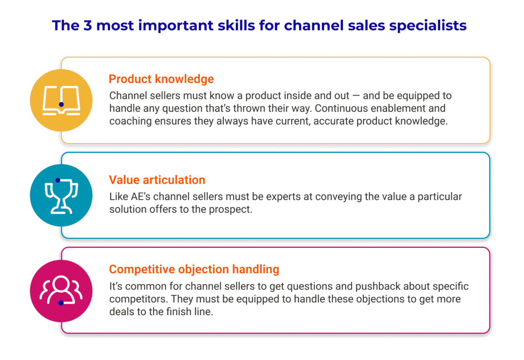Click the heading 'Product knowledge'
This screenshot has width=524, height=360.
pyautogui.click(x=161, y=79)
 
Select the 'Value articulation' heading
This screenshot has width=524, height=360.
pyautogui.click(x=157, y=180)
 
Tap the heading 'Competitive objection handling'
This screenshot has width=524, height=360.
pyautogui.click(x=194, y=269)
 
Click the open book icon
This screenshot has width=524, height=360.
pyautogui.click(x=61, y=100)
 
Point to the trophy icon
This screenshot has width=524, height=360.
pyautogui.click(x=61, y=196)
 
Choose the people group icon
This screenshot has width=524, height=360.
pyautogui.click(x=61, y=290)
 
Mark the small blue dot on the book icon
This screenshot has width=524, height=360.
pyautogui.click(x=61, y=105)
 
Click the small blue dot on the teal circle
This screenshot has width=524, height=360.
pyautogui.click(x=58, y=180)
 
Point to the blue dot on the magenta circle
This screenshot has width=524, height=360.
pyautogui.click(x=61, y=302)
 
